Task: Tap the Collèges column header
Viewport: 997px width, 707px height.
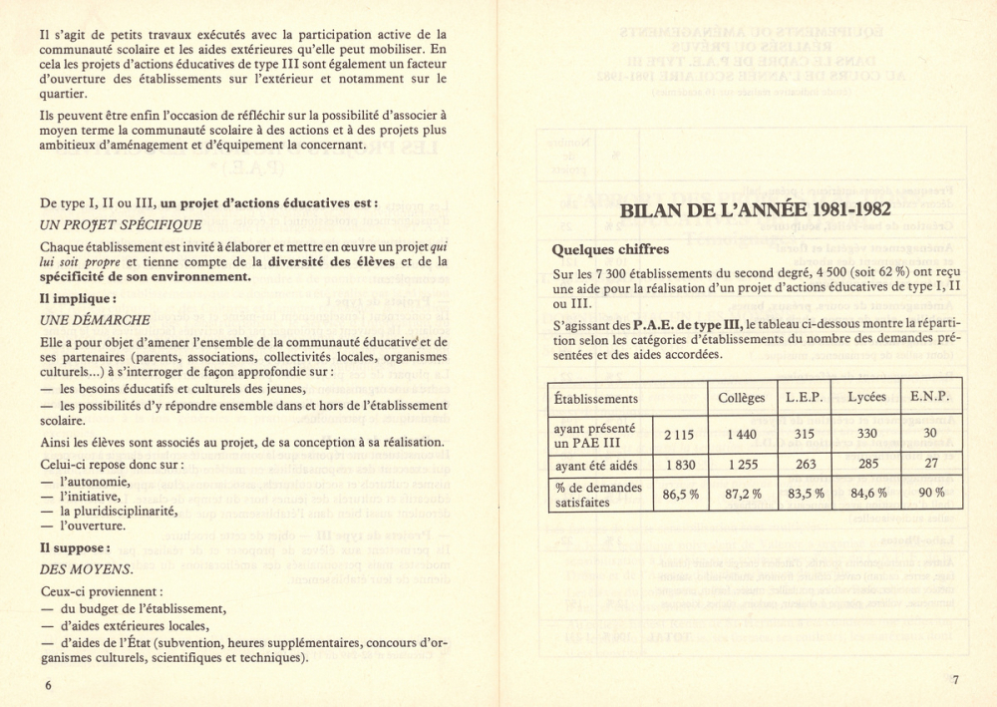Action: pyautogui.click(x=742, y=397)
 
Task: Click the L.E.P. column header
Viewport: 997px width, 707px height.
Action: pyautogui.click(x=804, y=397)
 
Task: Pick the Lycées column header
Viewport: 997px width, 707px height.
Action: pyautogui.click(x=866, y=397)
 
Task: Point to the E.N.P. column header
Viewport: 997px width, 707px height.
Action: pyautogui.click(x=930, y=397)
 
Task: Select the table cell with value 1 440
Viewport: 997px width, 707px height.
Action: pyautogui.click(x=742, y=434)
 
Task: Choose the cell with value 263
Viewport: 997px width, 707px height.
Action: pyautogui.click(x=804, y=464)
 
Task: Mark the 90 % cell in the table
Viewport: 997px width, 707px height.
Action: pyautogui.click(x=930, y=494)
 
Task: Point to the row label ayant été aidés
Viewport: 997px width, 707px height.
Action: pyautogui.click(x=595, y=465)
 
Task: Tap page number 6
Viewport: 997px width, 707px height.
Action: pyautogui.click(x=47, y=685)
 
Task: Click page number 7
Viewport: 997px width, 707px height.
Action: pyautogui.click(x=954, y=681)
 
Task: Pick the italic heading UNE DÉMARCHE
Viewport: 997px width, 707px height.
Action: pyautogui.click(x=95, y=320)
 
